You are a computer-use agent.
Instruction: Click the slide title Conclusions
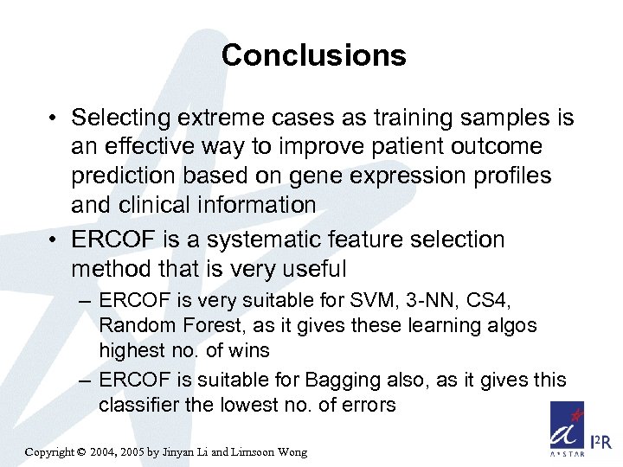[313, 55]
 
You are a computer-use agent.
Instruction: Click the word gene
[309, 176]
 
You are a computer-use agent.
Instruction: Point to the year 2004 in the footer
[112, 452]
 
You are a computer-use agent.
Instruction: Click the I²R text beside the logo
[601, 443]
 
